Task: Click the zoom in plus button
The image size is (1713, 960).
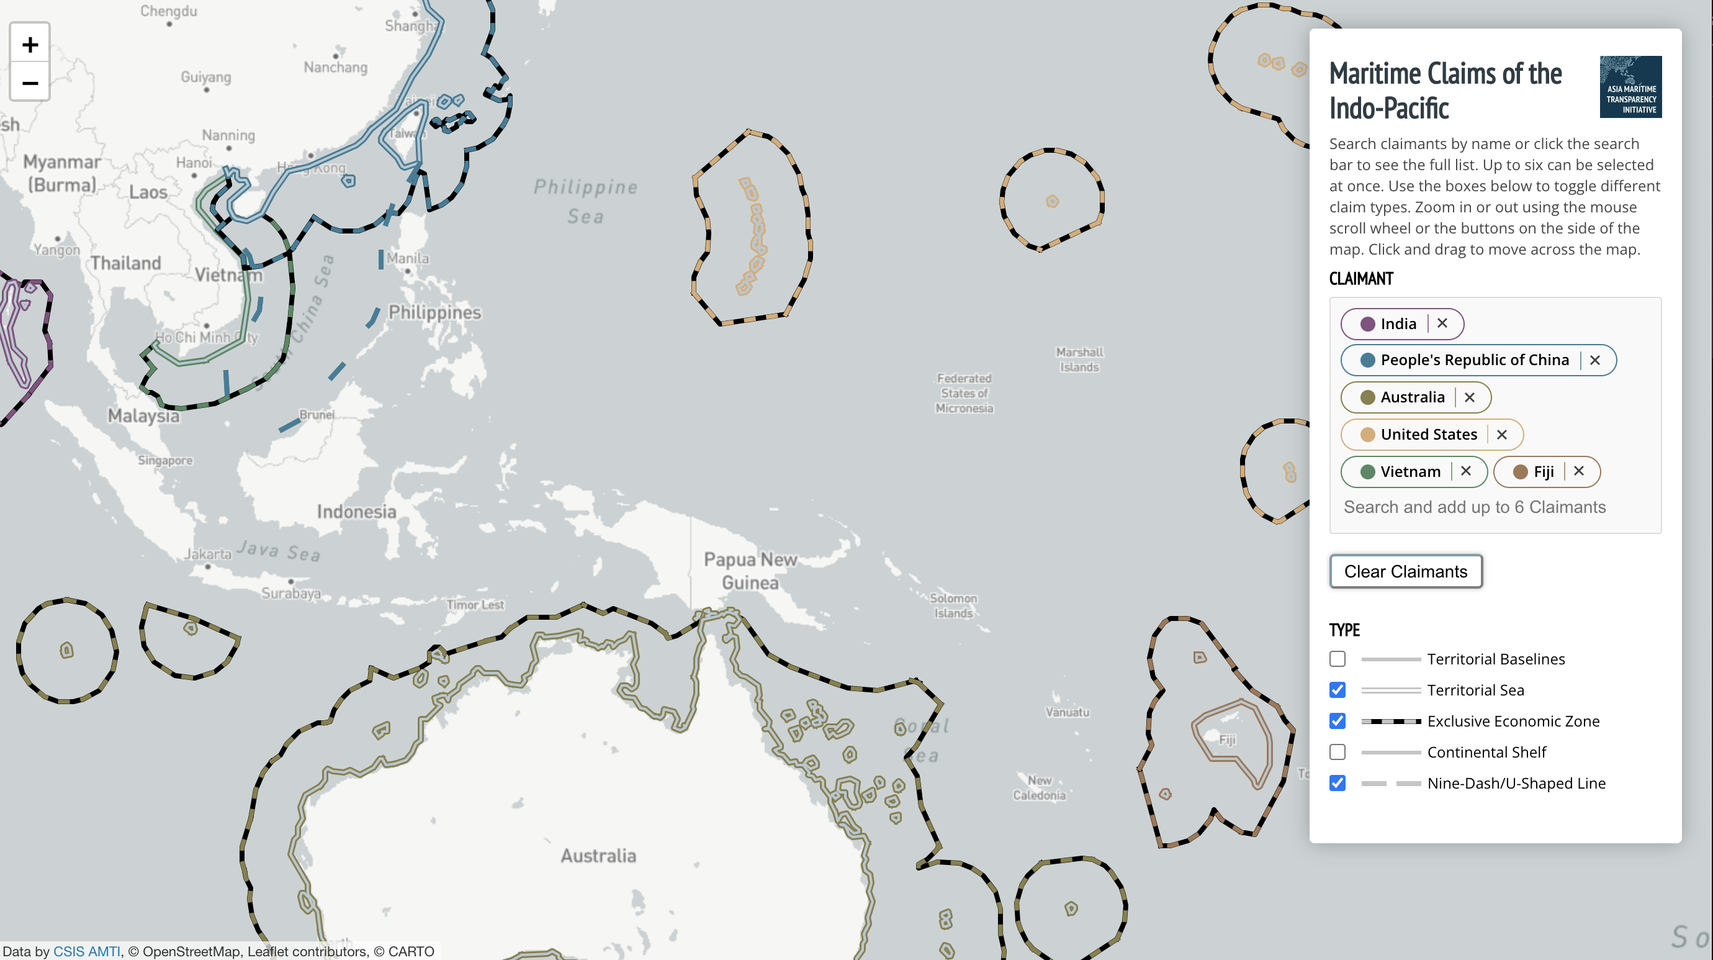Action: point(30,45)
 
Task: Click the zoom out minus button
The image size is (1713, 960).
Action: point(30,83)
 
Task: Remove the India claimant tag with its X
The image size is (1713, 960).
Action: point(1442,324)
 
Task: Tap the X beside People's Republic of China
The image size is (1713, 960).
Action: point(1594,360)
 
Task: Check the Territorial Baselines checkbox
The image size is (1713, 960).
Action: point(1338,659)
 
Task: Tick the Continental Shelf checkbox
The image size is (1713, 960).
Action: point(1338,752)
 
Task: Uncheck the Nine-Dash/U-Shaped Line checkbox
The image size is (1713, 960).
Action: point(1338,783)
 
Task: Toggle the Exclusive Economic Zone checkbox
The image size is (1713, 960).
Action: point(1338,721)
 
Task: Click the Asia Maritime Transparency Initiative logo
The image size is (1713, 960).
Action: point(1630,87)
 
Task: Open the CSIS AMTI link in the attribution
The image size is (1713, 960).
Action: point(86,951)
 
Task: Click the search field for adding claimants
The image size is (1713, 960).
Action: point(1474,507)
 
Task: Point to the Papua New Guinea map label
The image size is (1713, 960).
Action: point(750,571)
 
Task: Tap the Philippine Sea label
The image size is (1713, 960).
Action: point(585,201)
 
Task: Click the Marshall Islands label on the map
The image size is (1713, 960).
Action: point(1079,360)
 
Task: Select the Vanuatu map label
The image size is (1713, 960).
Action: point(1068,712)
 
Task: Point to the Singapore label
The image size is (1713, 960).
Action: point(165,460)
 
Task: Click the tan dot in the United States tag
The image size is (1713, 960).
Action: point(1367,435)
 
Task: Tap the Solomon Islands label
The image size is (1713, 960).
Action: point(953,605)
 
